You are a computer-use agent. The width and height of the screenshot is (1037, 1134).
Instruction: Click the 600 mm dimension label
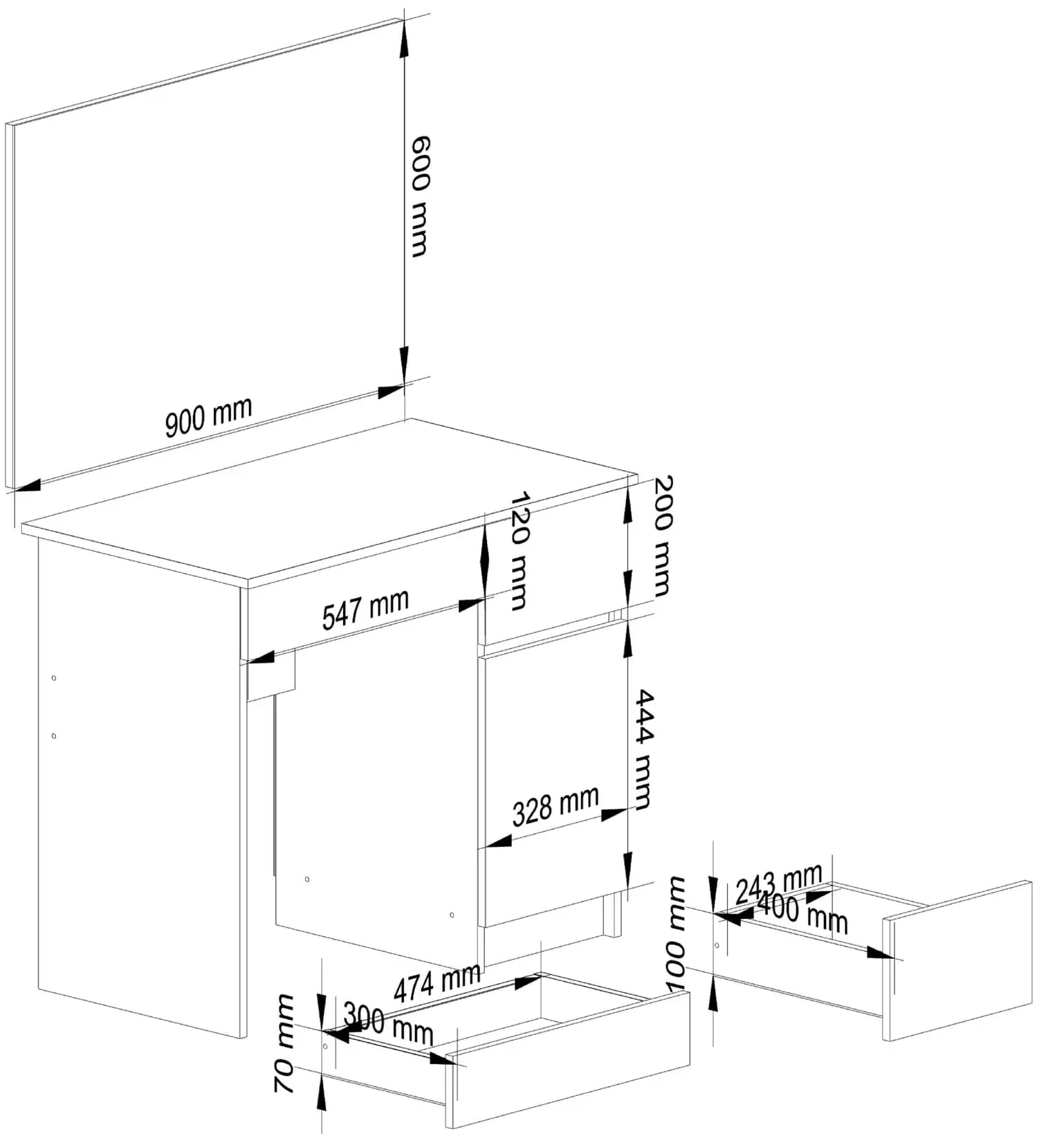pos(420,196)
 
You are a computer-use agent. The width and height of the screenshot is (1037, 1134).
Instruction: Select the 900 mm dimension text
pos(208,418)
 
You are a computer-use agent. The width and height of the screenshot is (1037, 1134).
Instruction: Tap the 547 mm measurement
pos(365,609)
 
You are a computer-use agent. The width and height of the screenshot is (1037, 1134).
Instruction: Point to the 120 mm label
pos(519,551)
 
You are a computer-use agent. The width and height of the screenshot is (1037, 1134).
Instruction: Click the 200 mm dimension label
pos(663,536)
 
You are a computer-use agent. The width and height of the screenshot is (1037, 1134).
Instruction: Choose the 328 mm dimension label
pos(556,807)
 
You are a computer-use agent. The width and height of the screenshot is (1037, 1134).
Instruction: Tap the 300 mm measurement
pos(388,1023)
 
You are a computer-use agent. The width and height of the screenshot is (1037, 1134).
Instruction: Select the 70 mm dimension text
pos(284,1044)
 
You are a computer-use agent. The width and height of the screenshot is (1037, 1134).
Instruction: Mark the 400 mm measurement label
pos(802,913)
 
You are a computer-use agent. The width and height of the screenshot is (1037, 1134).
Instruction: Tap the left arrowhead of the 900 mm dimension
pos(27,486)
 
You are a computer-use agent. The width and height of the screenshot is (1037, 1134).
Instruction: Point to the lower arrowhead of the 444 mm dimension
pos(627,870)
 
